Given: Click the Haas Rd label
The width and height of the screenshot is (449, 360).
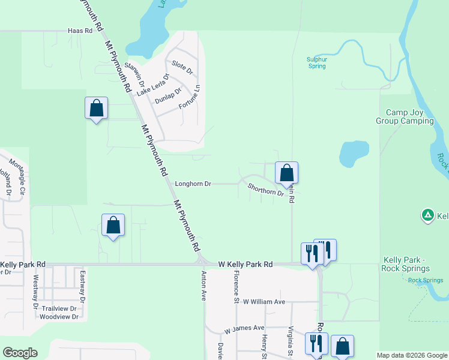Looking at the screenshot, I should (x=80, y=30).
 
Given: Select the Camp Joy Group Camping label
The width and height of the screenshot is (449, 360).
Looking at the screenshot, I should (x=409, y=116).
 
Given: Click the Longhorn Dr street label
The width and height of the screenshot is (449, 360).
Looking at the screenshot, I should (x=193, y=184).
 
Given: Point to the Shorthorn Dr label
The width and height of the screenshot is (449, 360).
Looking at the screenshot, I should (x=265, y=190).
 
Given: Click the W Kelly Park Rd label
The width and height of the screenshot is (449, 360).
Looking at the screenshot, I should (x=245, y=264).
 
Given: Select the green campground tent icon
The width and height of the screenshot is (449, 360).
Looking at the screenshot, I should (x=427, y=215).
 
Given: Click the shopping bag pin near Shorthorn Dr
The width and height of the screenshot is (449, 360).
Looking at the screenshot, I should (x=287, y=173).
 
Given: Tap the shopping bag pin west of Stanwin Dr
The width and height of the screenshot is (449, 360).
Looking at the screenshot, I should (x=96, y=108).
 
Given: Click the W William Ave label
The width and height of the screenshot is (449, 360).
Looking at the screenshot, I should (x=264, y=302).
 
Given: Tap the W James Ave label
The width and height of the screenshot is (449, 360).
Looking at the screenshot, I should (x=244, y=329).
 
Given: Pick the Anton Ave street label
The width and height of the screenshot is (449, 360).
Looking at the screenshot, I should (x=204, y=286).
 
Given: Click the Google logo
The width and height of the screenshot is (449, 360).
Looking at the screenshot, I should (x=20, y=353).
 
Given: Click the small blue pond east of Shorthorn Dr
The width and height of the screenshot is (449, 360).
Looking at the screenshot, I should (x=354, y=153).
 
